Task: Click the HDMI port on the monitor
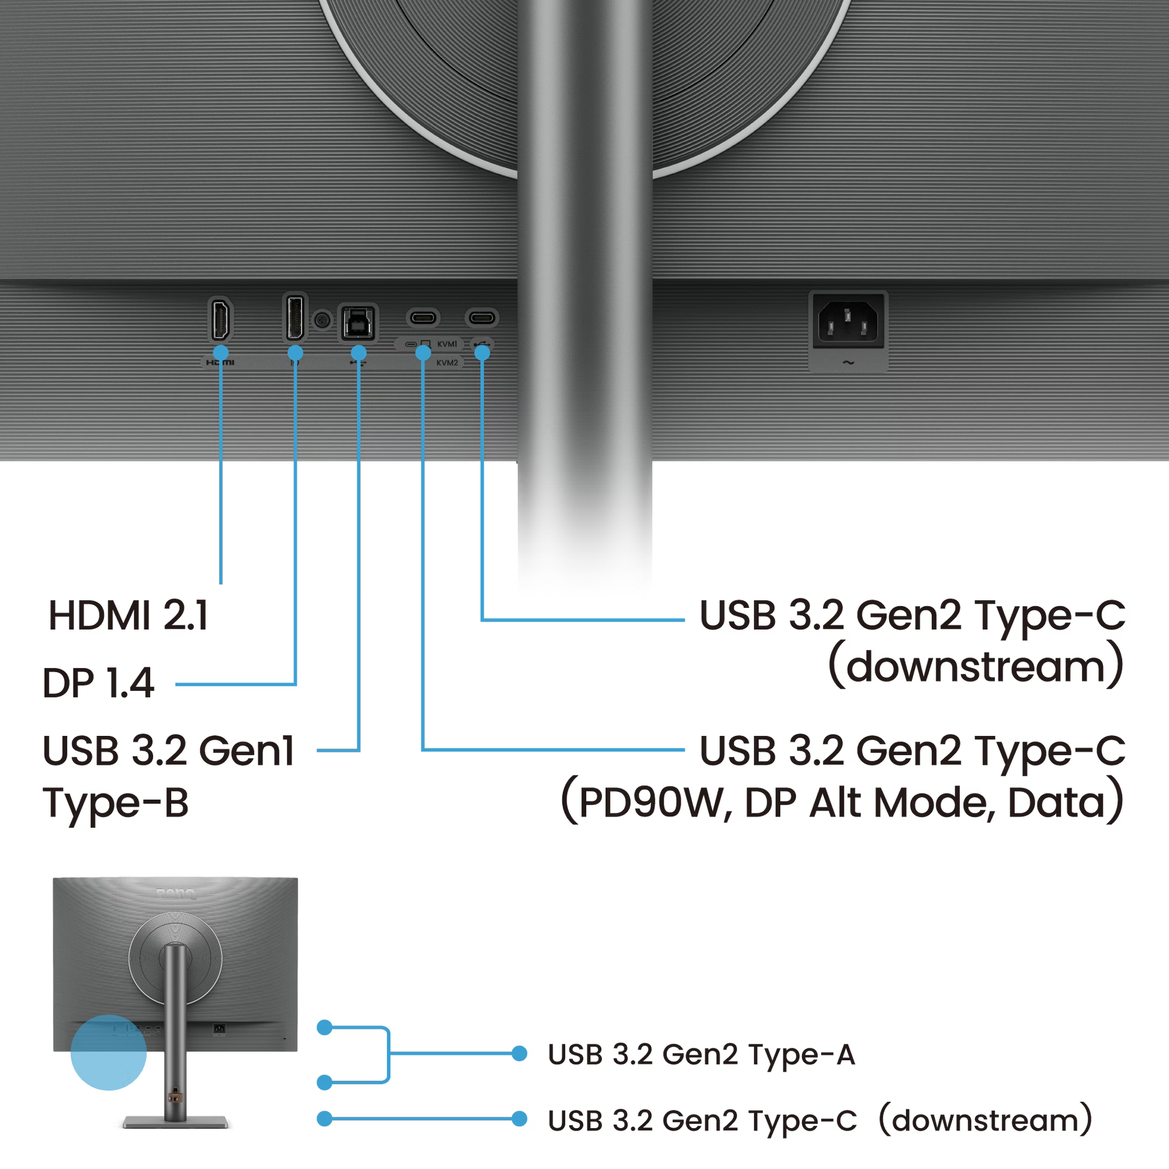(x=220, y=320)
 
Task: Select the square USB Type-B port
(x=358, y=322)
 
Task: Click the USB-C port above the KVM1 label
(x=422, y=317)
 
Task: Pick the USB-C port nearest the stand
(x=481, y=317)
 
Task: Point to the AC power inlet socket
(x=848, y=321)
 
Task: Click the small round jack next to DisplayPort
(x=323, y=320)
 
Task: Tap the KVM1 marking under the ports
(x=446, y=344)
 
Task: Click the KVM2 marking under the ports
(x=446, y=363)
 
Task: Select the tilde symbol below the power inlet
(x=848, y=363)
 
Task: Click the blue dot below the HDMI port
(x=221, y=353)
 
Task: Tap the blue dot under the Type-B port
(x=359, y=353)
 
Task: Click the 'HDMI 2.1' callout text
(x=128, y=616)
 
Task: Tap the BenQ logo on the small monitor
(x=175, y=893)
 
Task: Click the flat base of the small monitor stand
(x=175, y=1123)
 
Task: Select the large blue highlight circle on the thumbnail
(x=108, y=1054)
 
